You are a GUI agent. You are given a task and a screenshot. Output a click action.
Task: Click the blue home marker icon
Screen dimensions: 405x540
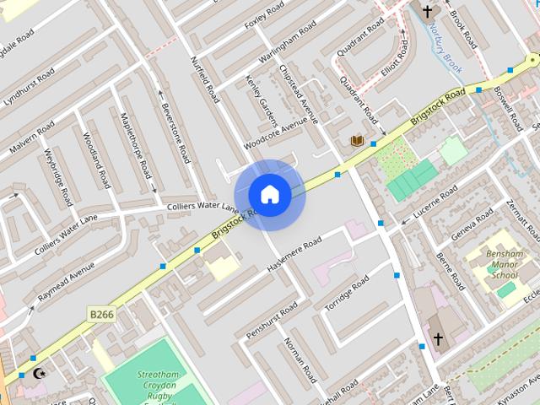pos(269,194)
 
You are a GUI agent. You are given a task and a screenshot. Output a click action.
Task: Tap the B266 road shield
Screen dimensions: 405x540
pos(102,315)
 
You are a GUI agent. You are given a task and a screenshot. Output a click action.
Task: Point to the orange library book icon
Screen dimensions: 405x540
pos(357,141)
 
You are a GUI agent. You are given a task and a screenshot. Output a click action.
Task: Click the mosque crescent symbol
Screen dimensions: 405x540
pos(38,372)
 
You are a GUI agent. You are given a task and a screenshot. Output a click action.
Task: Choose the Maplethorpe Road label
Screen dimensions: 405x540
pos(135,140)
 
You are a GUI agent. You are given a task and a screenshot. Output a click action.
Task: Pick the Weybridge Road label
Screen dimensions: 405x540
pos(57,177)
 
